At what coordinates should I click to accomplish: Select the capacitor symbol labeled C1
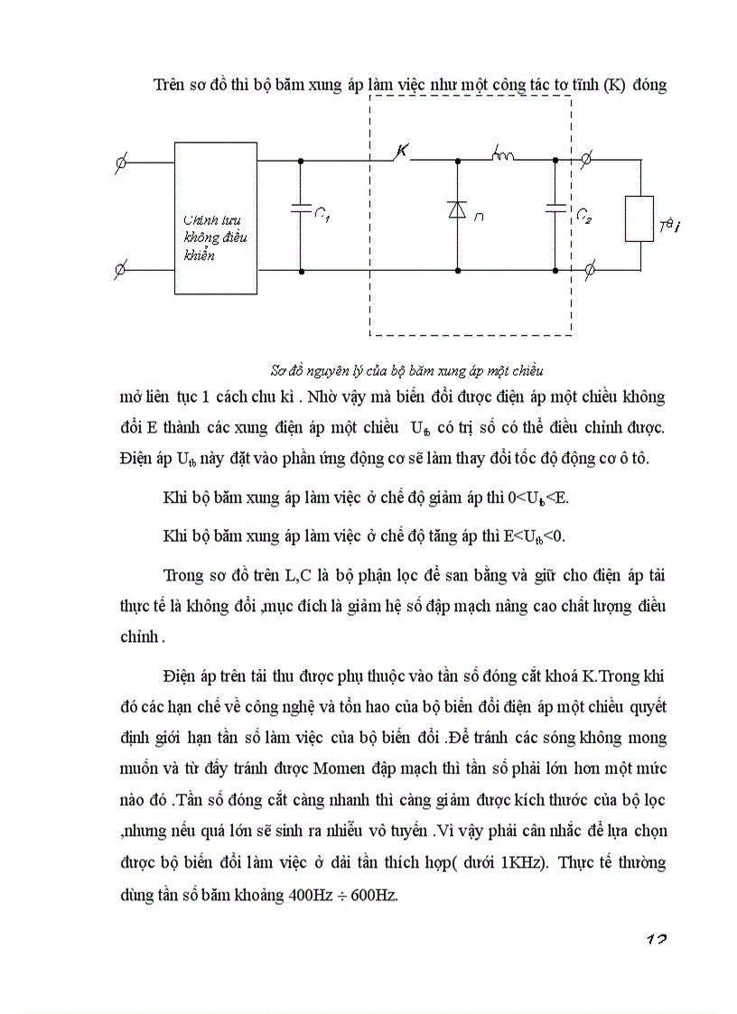pyautogui.click(x=300, y=209)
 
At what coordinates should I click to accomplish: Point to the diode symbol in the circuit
pyautogui.click(x=456, y=209)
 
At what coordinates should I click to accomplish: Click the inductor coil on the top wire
pyautogui.click(x=502, y=157)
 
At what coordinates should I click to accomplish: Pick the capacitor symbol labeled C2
pyautogui.click(x=554, y=209)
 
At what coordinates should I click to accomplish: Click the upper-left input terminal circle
pyautogui.click(x=122, y=163)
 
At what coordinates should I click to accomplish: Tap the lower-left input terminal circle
pyautogui.click(x=122, y=269)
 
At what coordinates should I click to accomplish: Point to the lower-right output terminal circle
pyautogui.click(x=588, y=269)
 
